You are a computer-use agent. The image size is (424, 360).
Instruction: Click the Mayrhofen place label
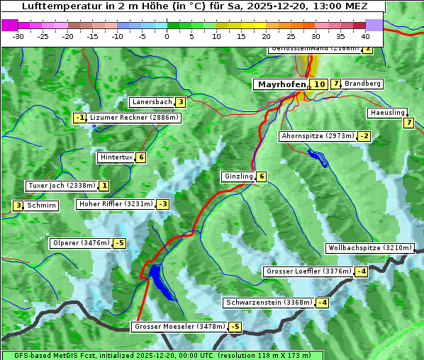(281, 84)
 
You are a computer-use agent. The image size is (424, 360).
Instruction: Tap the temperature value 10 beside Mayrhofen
(319, 84)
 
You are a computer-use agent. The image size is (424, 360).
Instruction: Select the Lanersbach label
(152, 102)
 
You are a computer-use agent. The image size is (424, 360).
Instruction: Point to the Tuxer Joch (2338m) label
(61, 186)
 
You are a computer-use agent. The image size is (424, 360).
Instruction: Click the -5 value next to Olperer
(119, 244)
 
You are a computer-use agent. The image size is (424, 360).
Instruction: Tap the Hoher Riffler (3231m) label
(115, 204)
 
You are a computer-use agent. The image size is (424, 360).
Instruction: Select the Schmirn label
(42, 206)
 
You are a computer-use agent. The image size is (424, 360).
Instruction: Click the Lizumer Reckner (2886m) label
(128, 118)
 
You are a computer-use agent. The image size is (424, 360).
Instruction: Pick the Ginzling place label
(238, 176)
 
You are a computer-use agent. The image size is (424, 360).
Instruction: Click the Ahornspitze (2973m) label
(317, 135)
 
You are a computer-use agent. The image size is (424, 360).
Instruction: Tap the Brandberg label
(363, 84)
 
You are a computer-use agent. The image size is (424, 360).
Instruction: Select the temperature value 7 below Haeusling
(408, 123)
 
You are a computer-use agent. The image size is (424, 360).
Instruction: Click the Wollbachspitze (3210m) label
(369, 248)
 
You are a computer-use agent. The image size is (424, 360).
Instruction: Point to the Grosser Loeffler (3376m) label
(308, 271)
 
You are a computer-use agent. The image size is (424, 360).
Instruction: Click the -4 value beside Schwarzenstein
(323, 303)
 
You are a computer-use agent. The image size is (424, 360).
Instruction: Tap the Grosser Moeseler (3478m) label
(179, 327)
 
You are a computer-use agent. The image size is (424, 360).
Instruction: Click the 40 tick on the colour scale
(365, 36)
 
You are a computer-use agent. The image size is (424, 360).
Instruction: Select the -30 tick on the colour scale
(18, 36)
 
